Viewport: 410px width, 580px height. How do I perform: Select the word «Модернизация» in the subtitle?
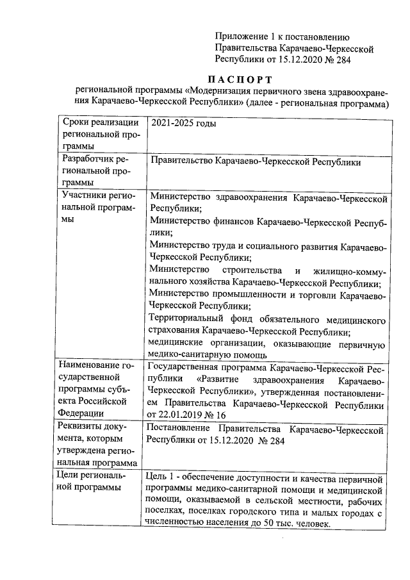[218, 92]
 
